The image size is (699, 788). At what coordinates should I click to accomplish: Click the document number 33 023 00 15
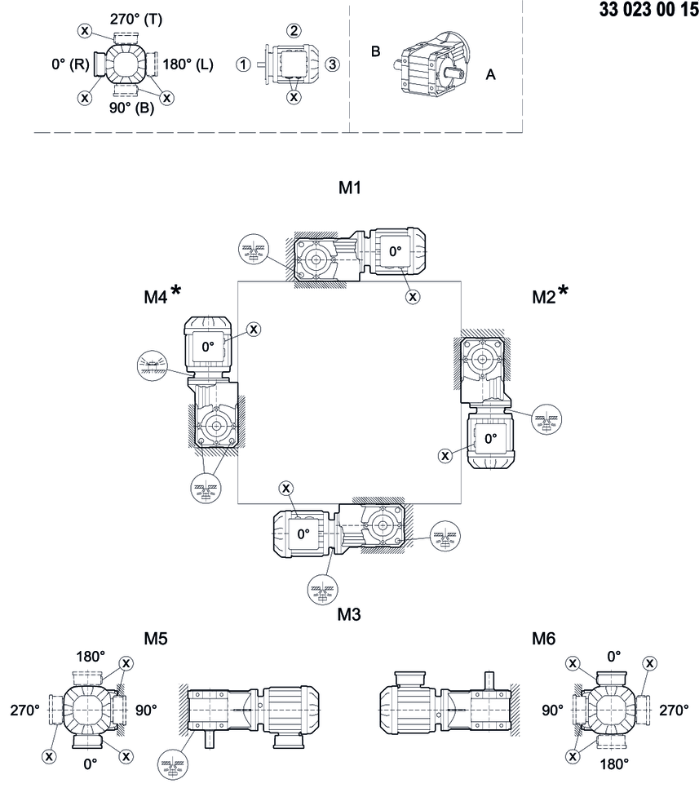click(x=643, y=11)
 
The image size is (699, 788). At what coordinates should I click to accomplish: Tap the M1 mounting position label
click(x=350, y=189)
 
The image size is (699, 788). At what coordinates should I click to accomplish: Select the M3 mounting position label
click(x=349, y=613)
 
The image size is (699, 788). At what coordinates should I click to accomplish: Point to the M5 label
click(x=155, y=637)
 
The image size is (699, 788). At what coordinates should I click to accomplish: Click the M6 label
click(x=544, y=637)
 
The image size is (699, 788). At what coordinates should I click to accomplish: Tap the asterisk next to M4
click(x=176, y=292)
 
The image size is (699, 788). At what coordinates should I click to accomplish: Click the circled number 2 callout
click(x=293, y=31)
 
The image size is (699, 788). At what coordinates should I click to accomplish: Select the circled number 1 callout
click(x=243, y=64)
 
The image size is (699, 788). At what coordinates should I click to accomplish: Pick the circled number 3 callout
click(x=331, y=64)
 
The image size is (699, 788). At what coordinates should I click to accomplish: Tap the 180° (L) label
click(x=188, y=64)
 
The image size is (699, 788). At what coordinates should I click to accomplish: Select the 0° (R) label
click(x=70, y=64)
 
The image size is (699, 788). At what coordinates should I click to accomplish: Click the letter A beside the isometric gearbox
click(x=490, y=73)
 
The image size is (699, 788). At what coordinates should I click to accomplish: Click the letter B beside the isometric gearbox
click(x=376, y=51)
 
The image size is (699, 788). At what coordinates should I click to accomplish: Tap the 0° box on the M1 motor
click(x=395, y=252)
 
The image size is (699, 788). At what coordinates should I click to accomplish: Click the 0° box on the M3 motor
click(x=303, y=534)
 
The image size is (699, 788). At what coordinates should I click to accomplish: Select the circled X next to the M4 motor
click(x=254, y=329)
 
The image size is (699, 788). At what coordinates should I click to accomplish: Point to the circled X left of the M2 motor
click(x=445, y=455)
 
